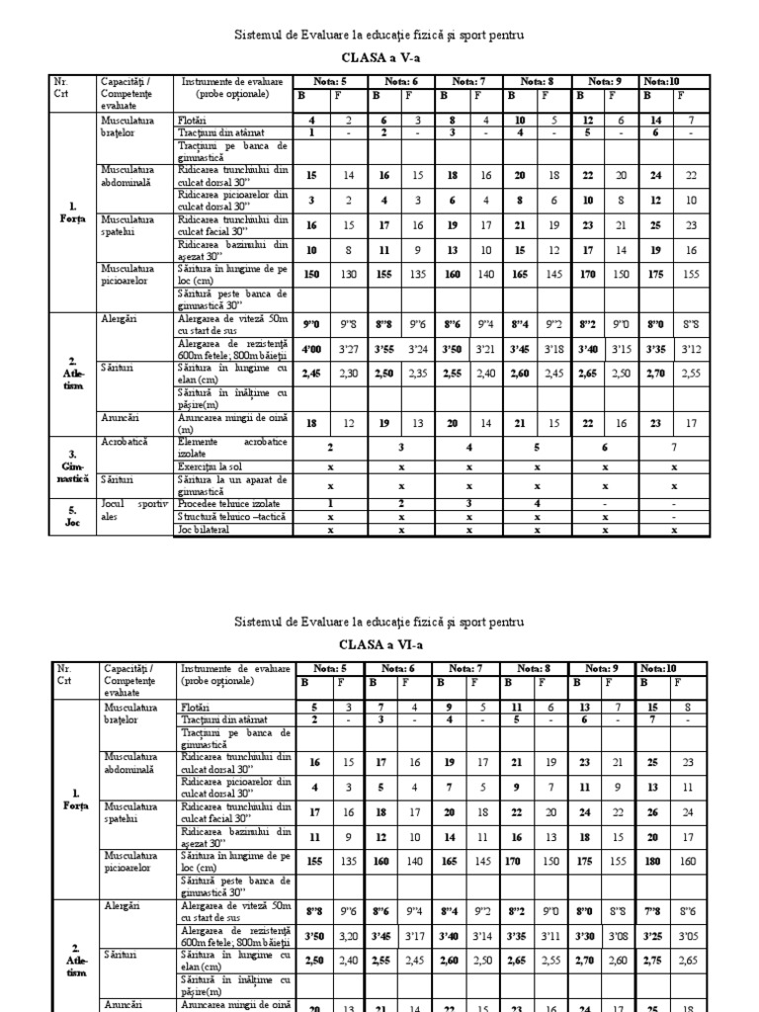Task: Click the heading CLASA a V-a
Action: (x=379, y=57)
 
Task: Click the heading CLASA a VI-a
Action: (x=379, y=643)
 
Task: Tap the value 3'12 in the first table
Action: (x=692, y=348)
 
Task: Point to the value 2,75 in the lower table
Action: (x=655, y=960)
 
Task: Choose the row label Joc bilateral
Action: (x=204, y=530)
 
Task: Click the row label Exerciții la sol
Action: (x=211, y=464)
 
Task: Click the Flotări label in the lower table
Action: (x=196, y=707)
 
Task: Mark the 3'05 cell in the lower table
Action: (x=692, y=933)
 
